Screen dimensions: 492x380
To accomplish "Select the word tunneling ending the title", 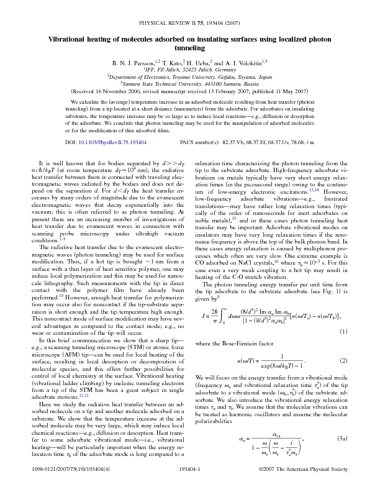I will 190,48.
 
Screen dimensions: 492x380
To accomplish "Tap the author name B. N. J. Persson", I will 133,63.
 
